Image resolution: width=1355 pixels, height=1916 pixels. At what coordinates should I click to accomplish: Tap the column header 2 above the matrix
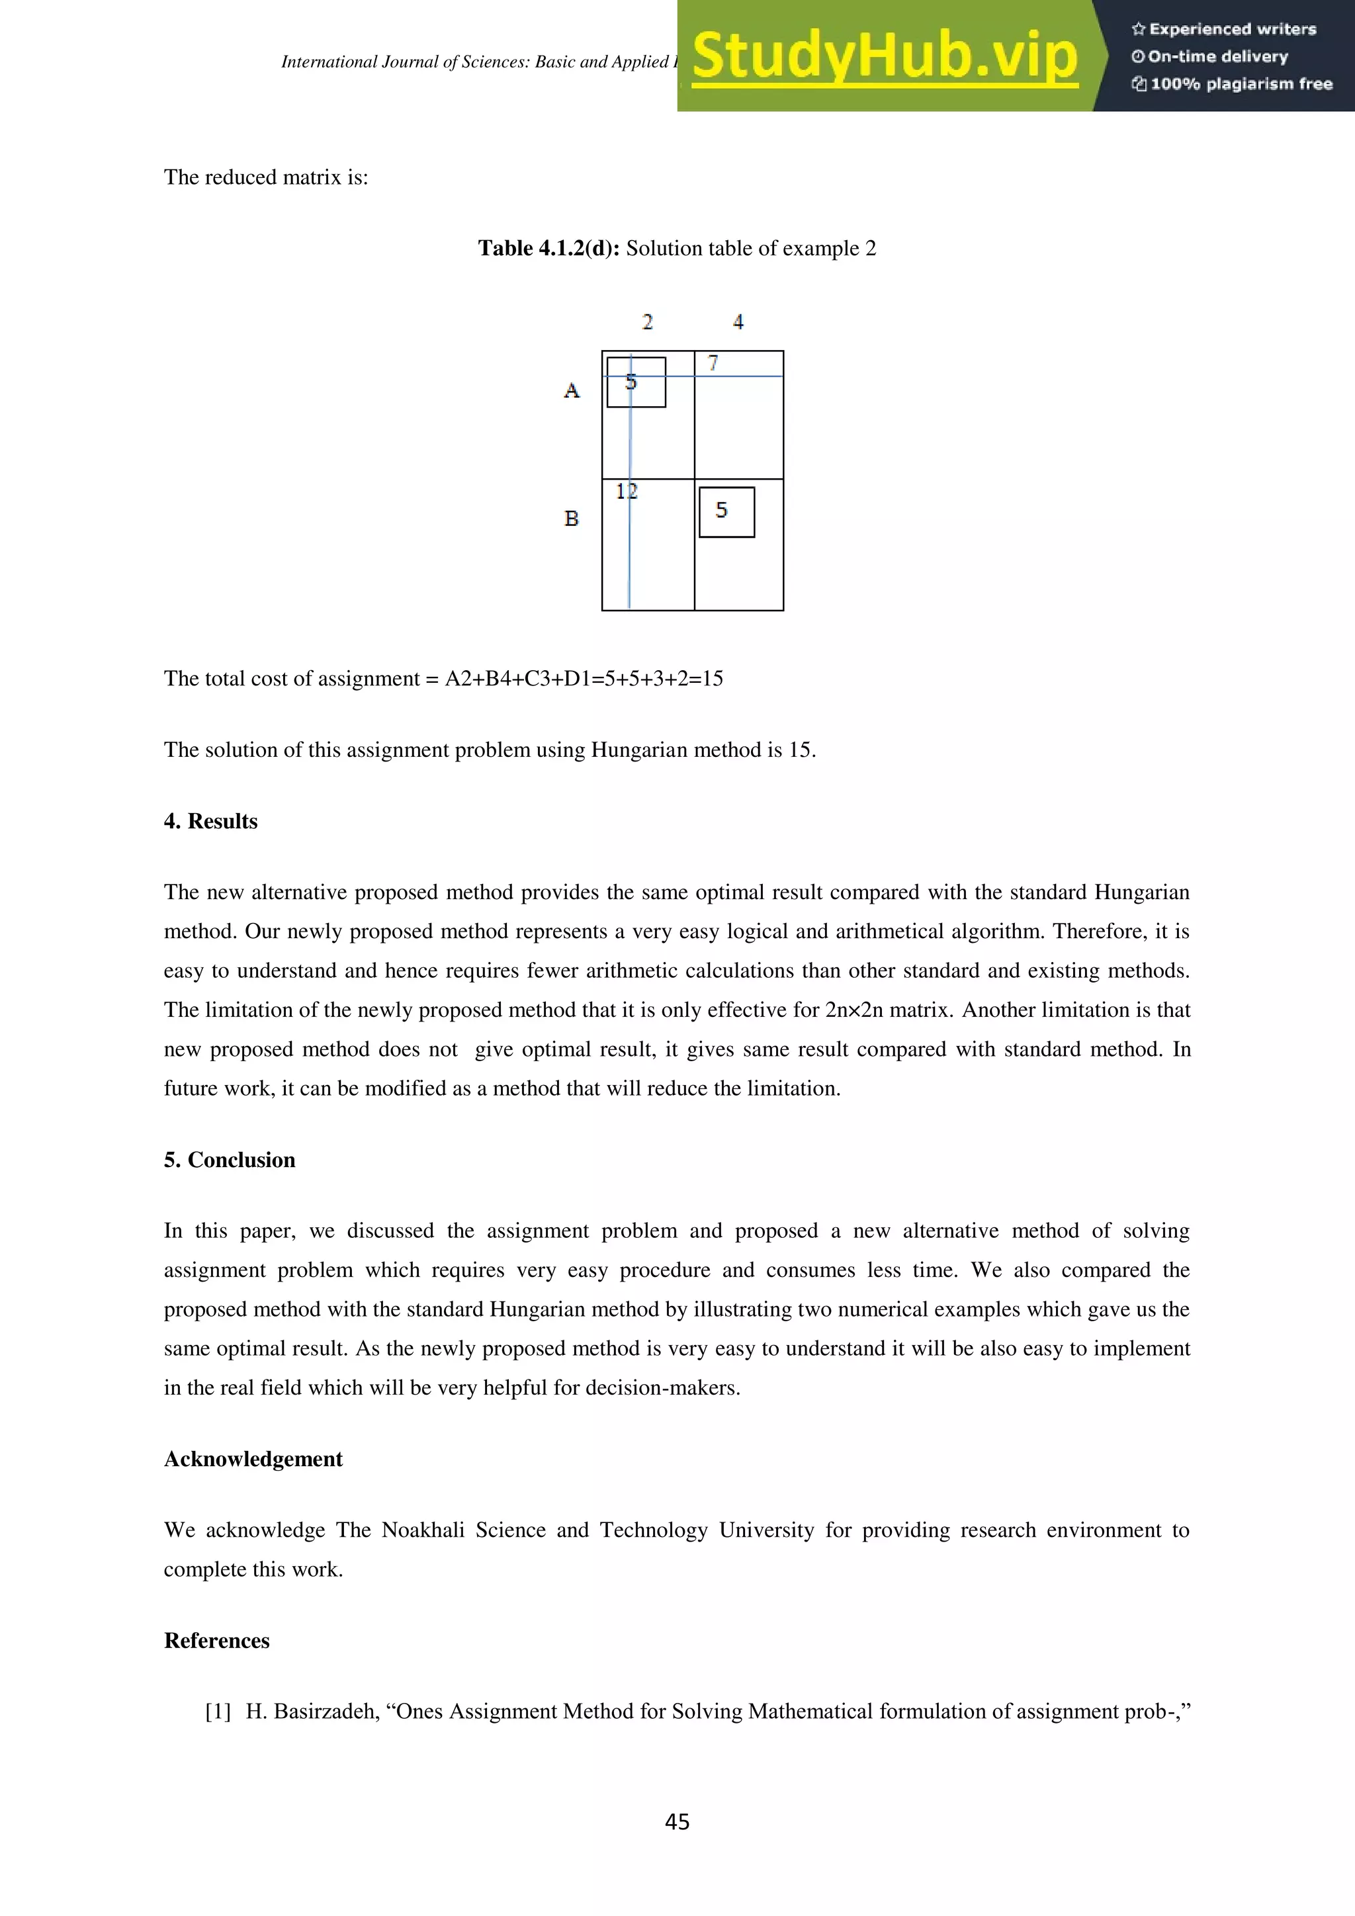tap(648, 322)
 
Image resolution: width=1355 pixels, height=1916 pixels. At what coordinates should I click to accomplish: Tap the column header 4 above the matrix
tap(738, 322)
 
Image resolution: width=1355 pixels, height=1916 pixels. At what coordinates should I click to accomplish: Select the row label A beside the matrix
tap(572, 390)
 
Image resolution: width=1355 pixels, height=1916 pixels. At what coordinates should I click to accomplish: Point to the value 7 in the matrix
tap(713, 363)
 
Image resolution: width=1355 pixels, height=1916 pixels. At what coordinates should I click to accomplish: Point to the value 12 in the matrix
tap(627, 492)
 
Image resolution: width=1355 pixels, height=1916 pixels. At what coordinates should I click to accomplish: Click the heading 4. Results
tap(210, 821)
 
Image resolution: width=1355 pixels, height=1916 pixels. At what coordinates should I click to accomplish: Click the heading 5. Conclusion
tap(230, 1160)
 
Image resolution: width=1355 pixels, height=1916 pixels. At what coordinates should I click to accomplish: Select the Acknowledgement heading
tap(253, 1459)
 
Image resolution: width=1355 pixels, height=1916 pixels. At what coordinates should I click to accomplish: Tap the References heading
tap(217, 1641)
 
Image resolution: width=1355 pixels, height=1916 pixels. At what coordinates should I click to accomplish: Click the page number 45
tap(677, 1821)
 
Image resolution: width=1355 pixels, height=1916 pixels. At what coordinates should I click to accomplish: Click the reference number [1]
tap(218, 1712)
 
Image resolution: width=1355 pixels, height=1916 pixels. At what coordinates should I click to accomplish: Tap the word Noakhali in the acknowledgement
tap(422, 1530)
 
